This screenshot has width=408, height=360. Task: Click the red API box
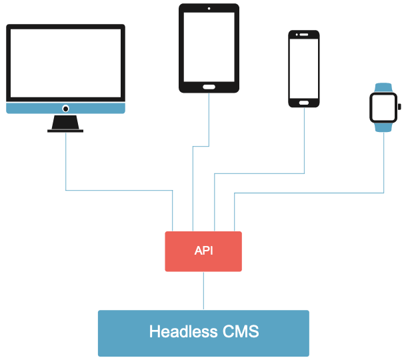point(203,251)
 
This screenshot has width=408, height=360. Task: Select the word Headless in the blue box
point(179,331)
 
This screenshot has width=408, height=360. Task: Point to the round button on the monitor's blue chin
point(65,108)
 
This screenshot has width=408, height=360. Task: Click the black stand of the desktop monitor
point(65,124)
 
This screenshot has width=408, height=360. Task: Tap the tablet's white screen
point(209,46)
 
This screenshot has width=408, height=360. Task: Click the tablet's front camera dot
point(209,9)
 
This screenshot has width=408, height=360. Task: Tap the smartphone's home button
point(304,103)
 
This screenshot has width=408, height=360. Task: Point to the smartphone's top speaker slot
point(304,33)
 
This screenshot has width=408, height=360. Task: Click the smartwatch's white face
point(383,107)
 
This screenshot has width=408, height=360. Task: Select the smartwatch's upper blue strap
point(383,87)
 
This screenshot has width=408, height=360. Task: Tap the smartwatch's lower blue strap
point(383,127)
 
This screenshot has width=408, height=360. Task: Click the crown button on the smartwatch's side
point(399,107)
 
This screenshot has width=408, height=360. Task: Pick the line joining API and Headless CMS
point(203,291)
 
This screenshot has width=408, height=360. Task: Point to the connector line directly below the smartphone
point(304,140)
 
